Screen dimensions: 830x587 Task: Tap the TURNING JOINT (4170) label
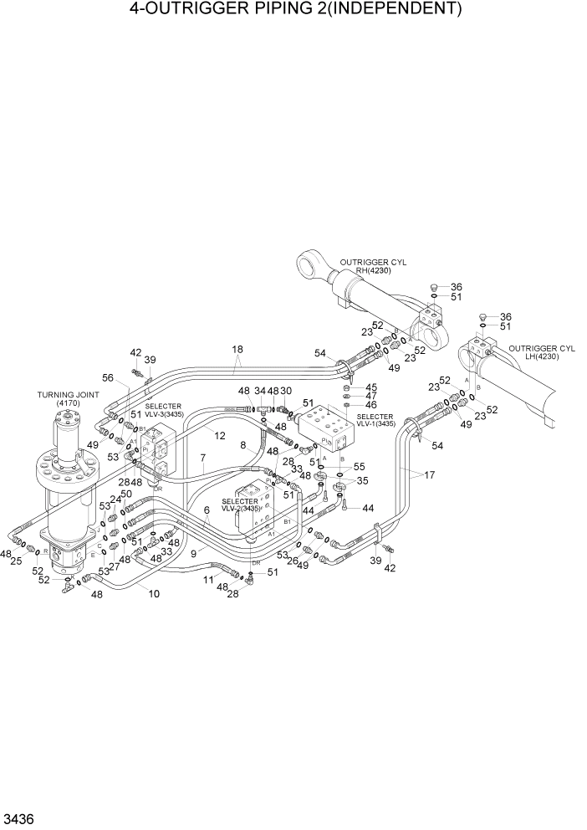[x=61, y=398]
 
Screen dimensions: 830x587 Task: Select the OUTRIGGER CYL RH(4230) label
[x=379, y=266]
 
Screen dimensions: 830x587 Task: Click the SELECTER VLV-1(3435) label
[x=375, y=420]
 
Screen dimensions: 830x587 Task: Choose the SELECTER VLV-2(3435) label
[x=240, y=505]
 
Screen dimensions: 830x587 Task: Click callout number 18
[x=237, y=350]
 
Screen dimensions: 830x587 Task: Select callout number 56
[x=107, y=378]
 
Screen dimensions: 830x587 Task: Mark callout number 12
[x=219, y=435]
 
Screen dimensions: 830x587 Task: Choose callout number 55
[x=359, y=466]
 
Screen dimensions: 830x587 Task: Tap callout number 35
[x=363, y=481]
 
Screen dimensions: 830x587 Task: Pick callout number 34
[x=259, y=391]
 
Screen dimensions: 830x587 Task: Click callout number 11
[x=207, y=578]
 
